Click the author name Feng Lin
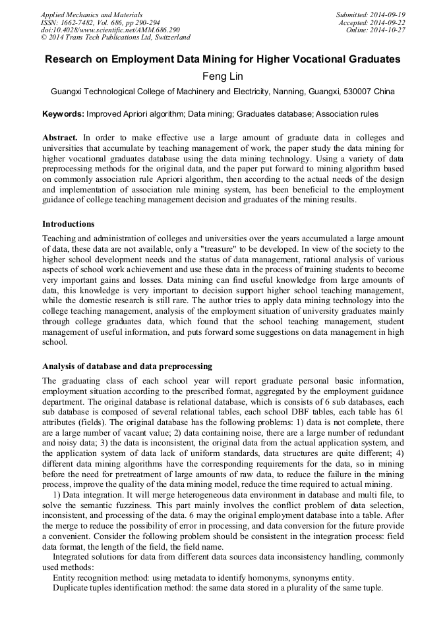[x=223, y=76]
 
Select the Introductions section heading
[x=68, y=224]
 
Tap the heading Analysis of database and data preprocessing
[x=127, y=366]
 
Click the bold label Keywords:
[x=63, y=114]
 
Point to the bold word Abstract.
[x=60, y=138]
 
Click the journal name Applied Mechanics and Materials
[x=92, y=14]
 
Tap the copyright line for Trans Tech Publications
[x=115, y=38]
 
